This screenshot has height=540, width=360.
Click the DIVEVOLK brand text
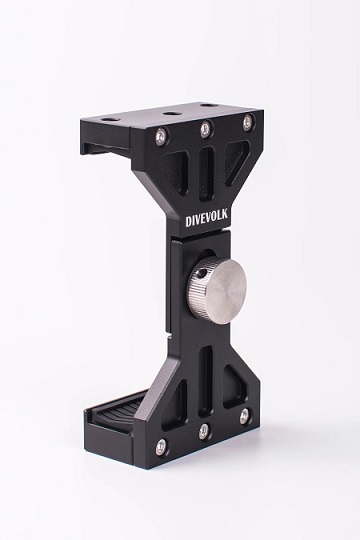(x=207, y=220)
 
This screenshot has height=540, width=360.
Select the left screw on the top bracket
(x=160, y=136)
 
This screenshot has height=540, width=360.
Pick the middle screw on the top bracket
(x=206, y=128)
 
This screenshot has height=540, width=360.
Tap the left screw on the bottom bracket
(x=160, y=446)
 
